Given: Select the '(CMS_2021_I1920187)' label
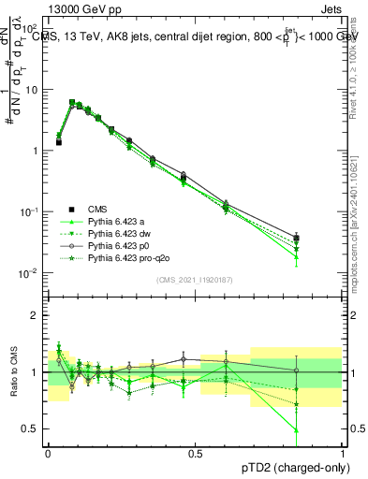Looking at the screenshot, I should pos(195,280).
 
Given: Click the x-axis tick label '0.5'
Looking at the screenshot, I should pos(196,452).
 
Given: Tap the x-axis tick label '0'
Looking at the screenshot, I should pos(49,452).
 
